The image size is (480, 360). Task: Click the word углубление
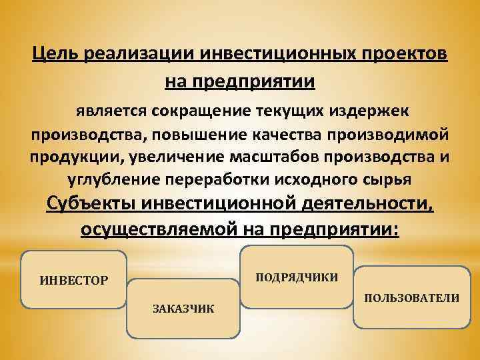pos(111,180)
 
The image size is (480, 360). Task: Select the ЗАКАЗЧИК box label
pos(183,309)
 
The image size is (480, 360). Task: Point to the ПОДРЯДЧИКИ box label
pos(297,277)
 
